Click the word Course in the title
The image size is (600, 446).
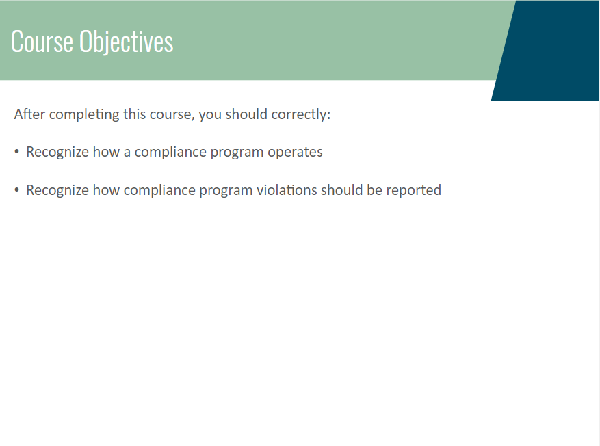tap(42, 41)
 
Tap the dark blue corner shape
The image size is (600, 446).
tap(547, 51)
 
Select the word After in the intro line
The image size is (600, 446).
tap(29, 114)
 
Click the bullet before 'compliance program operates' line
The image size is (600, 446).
tap(16, 152)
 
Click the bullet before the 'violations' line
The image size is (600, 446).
tap(16, 190)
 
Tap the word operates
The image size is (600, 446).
tap(295, 153)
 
